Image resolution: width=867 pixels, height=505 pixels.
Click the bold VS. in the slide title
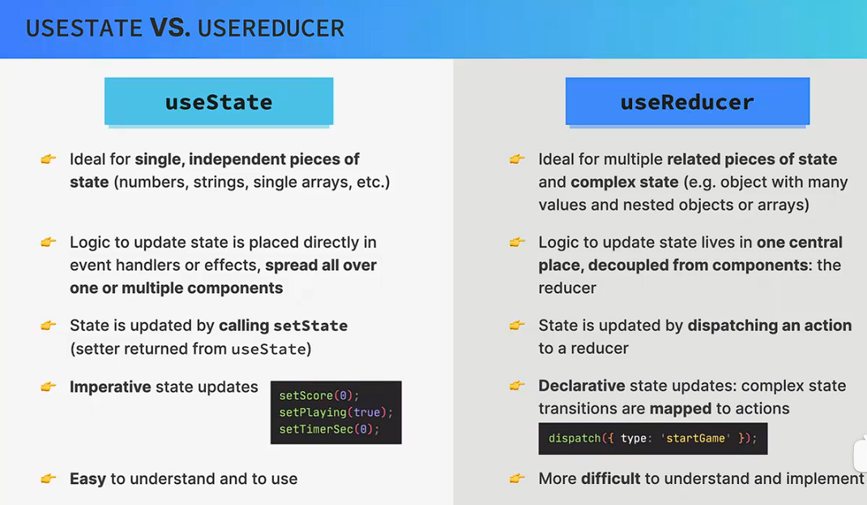pos(169,28)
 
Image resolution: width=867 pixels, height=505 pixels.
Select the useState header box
pos(219,101)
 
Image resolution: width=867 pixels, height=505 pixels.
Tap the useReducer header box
pos(687,101)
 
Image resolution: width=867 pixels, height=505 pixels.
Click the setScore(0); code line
pos(319,396)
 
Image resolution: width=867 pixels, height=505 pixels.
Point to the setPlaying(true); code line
pos(335,412)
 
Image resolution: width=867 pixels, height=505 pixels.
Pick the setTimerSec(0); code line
pos(329,429)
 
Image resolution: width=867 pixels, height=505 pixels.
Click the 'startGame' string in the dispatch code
pos(695,438)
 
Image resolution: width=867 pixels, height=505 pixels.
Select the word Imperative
pos(110,387)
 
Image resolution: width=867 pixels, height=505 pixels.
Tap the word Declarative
pos(582,386)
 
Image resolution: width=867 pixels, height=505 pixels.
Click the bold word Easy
pos(88,479)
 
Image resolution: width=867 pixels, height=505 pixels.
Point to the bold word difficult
pos(610,478)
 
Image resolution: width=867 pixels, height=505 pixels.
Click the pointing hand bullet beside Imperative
pos(49,386)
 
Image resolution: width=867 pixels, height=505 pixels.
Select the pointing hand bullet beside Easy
pos(49,478)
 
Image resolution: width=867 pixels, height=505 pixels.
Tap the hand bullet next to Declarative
pos(517,385)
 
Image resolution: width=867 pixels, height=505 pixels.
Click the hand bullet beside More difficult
pos(517,478)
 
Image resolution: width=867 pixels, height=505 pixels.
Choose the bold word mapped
pos(680,409)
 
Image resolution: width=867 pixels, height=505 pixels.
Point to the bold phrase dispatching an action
pos(769,325)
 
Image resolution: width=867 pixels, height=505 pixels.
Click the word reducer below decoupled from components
pos(567,288)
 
